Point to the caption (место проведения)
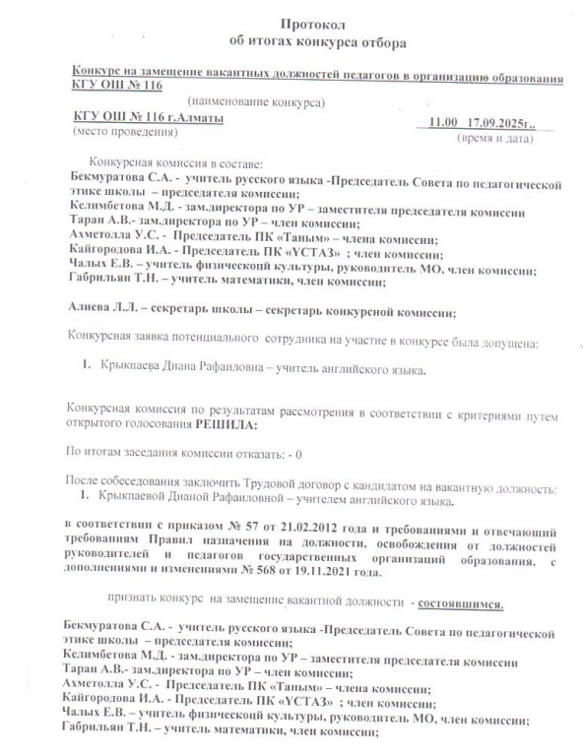113,131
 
